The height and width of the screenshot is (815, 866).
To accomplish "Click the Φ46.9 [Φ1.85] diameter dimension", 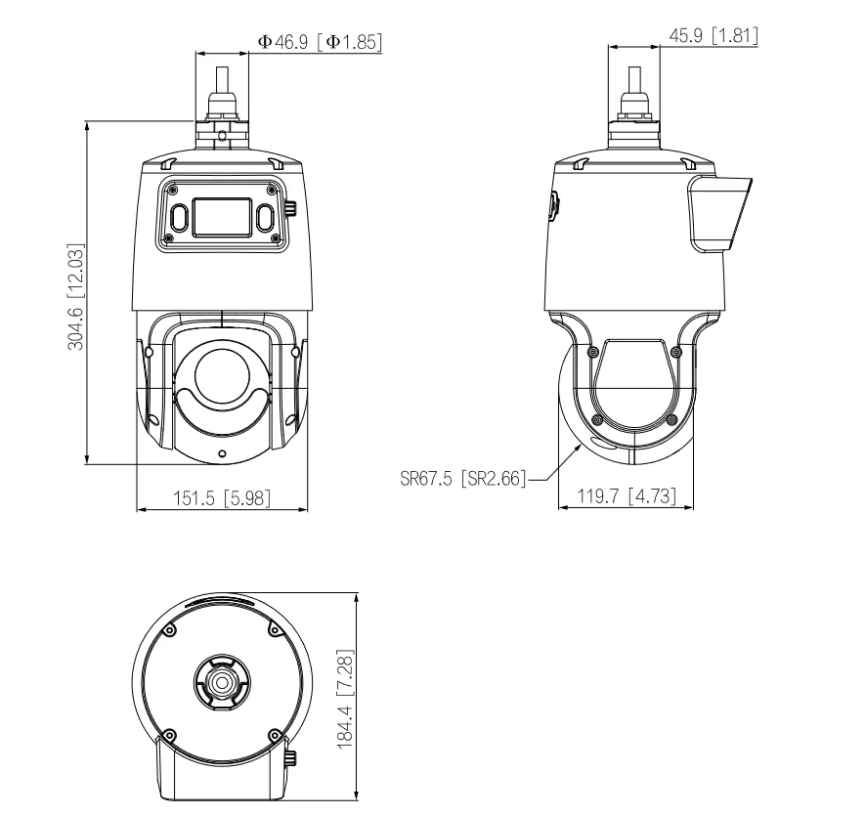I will pyautogui.click(x=320, y=41).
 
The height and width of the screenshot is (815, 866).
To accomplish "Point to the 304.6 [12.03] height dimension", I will pyautogui.click(x=74, y=294).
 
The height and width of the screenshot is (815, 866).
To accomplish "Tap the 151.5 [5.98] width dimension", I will pyautogui.click(x=223, y=497).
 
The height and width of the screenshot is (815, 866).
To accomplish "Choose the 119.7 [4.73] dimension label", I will pyautogui.click(x=627, y=497).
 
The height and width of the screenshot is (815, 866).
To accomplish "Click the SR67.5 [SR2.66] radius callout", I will pyautogui.click(x=463, y=479).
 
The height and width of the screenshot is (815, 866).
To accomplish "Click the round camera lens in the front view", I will pyautogui.click(x=223, y=372).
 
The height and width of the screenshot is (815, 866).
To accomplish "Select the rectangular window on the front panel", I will pyautogui.click(x=222, y=216).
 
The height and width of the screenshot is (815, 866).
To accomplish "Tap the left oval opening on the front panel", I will pyautogui.click(x=180, y=216).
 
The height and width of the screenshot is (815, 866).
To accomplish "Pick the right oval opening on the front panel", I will pyautogui.click(x=266, y=216).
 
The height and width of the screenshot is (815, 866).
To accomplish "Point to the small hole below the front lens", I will pyautogui.click(x=223, y=453).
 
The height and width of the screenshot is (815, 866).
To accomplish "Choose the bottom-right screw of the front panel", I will pyautogui.click(x=276, y=237).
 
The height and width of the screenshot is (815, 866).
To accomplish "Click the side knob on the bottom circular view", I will pyautogui.click(x=291, y=758).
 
